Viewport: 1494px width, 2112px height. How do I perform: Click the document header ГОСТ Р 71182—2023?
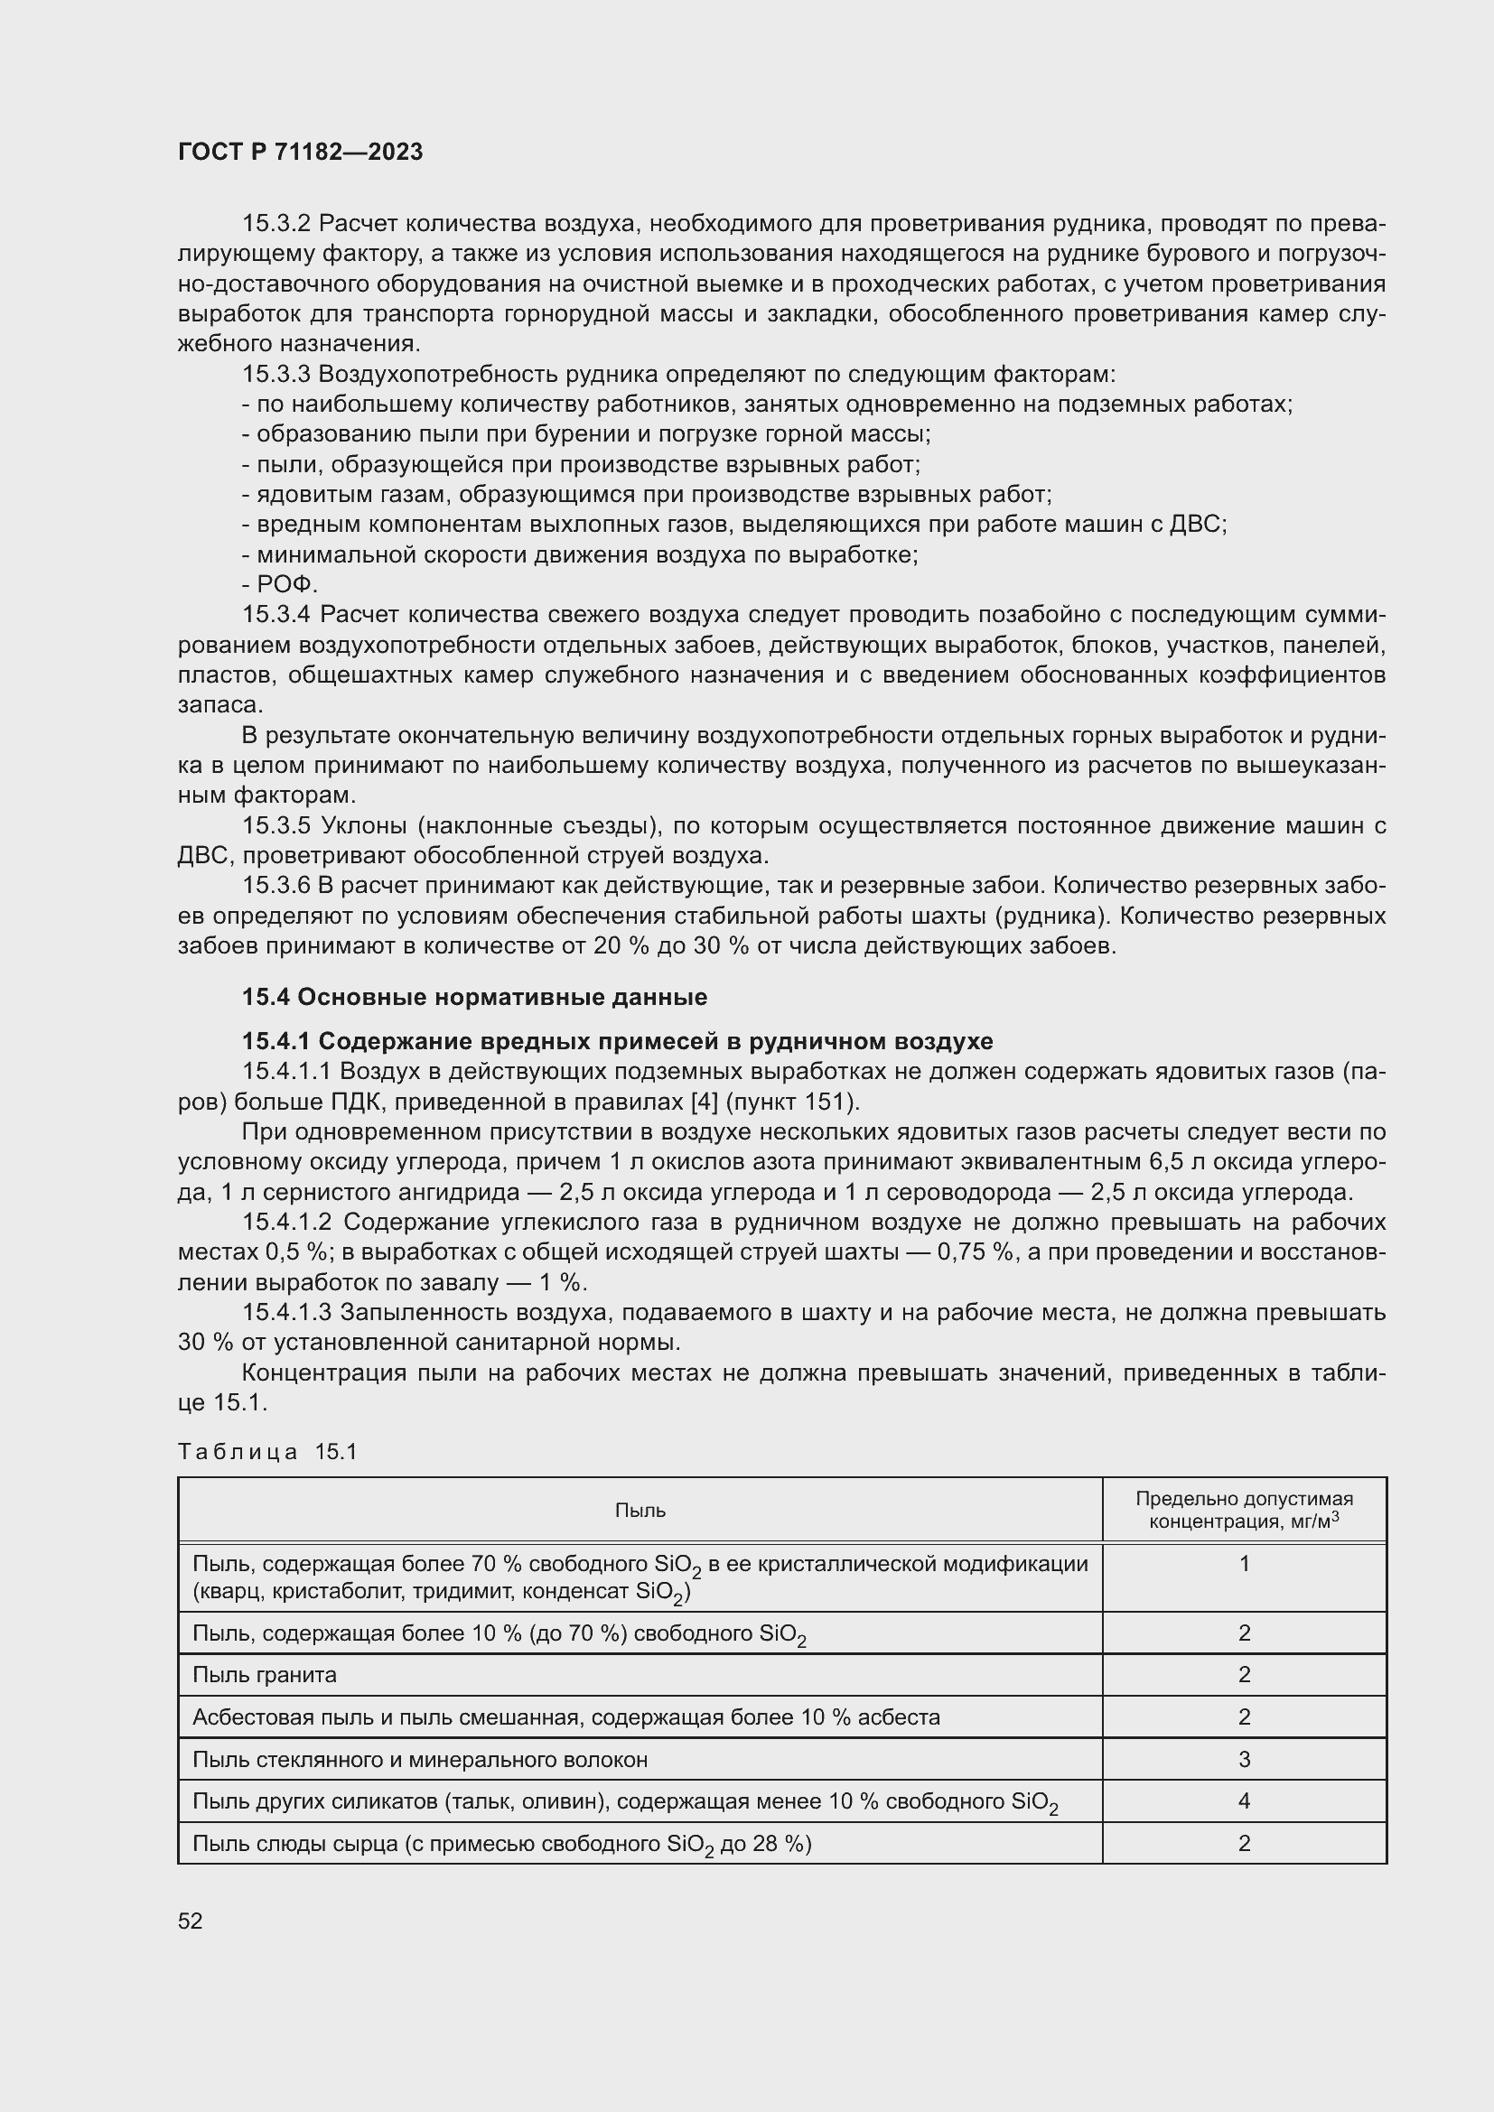[x=300, y=152]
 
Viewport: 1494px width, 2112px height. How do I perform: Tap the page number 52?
[x=191, y=1921]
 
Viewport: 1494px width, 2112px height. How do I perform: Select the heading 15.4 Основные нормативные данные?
[x=474, y=997]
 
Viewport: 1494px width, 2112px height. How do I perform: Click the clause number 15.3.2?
[x=276, y=224]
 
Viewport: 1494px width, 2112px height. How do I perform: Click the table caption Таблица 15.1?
[x=266, y=1452]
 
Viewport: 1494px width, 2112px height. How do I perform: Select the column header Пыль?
[x=640, y=1511]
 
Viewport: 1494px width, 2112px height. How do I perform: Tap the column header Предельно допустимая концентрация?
[x=1244, y=1510]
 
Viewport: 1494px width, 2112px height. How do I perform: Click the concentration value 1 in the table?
[x=1244, y=1563]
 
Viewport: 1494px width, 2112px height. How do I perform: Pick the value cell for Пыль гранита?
[x=1244, y=1675]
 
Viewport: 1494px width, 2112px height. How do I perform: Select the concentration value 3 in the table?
[x=1244, y=1760]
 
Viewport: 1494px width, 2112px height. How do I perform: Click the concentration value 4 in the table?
[x=1244, y=1801]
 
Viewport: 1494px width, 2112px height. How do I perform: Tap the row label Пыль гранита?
[x=265, y=1675]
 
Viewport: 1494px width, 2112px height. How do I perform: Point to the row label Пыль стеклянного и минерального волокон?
[x=419, y=1760]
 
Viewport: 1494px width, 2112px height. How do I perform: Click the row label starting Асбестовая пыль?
[x=565, y=1717]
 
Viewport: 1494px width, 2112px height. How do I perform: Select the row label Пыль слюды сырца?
[x=501, y=1844]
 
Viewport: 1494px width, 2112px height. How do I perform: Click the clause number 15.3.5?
[x=276, y=826]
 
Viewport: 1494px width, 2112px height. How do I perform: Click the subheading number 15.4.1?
[x=277, y=1041]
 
